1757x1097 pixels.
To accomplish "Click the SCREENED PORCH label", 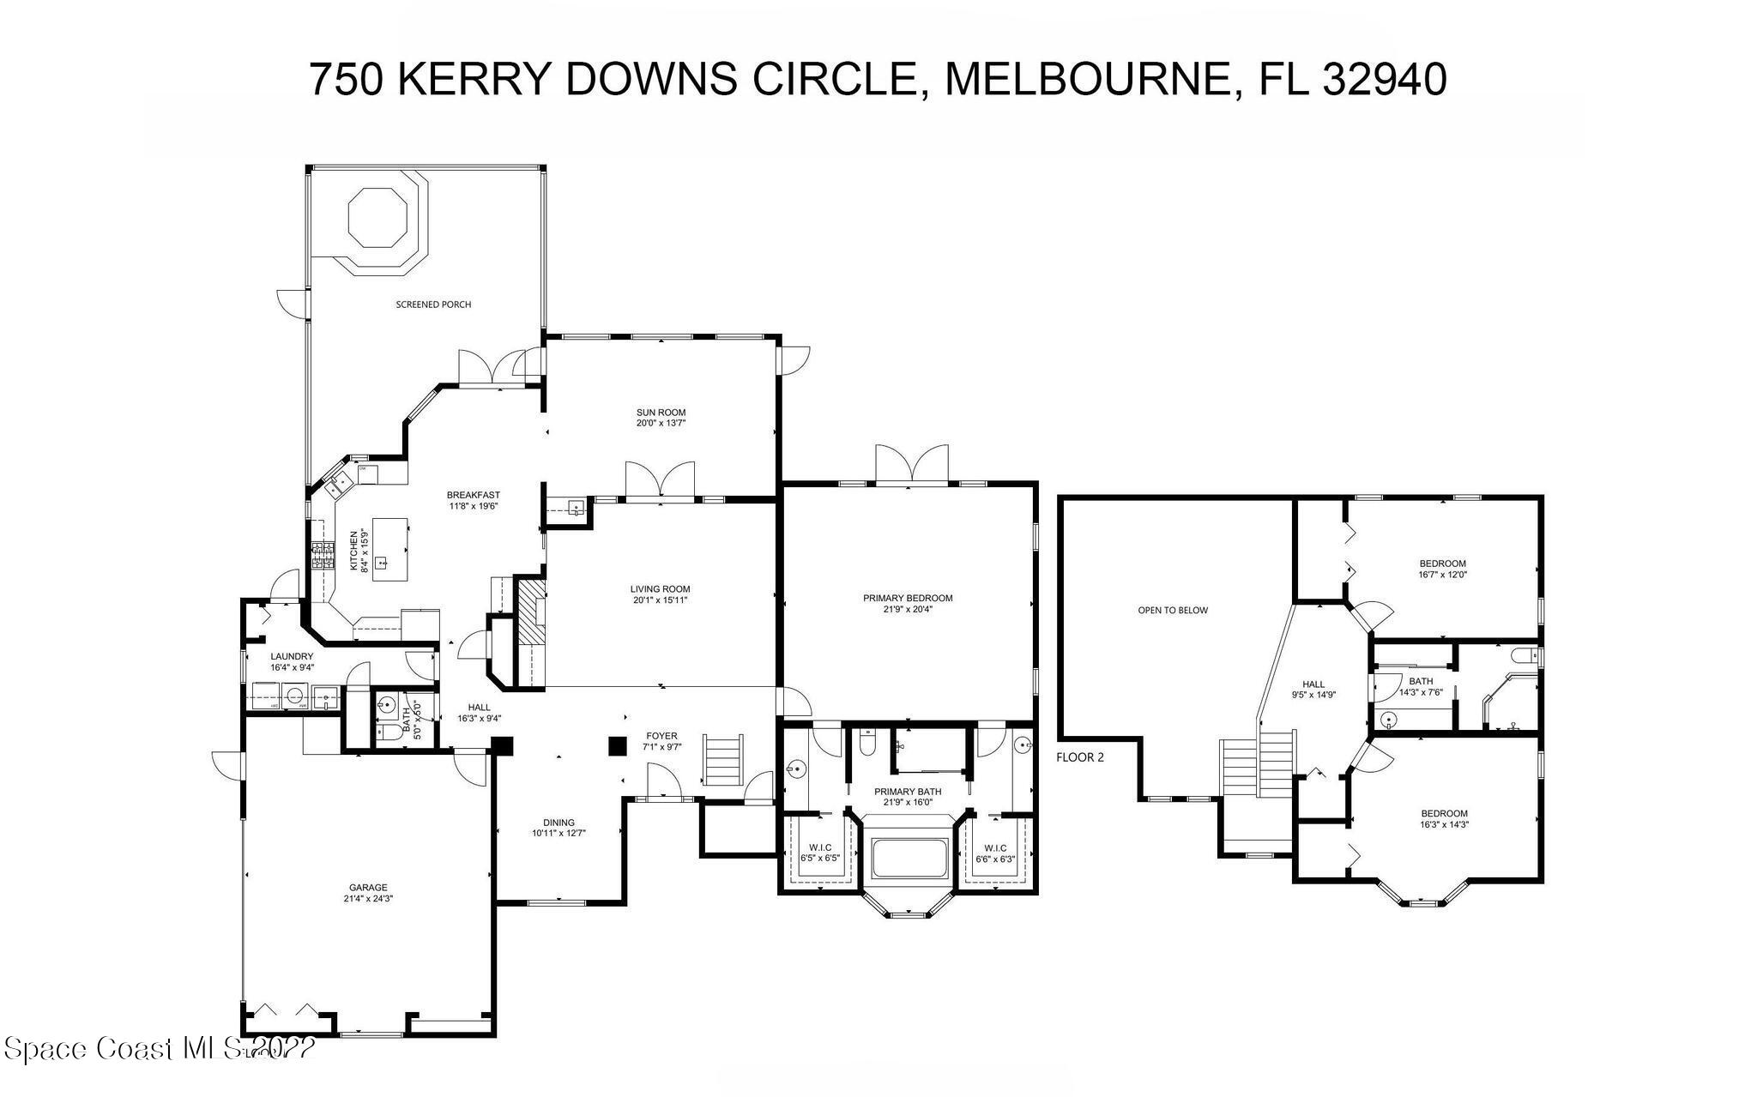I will (433, 304).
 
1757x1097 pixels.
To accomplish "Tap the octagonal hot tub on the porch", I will (377, 218).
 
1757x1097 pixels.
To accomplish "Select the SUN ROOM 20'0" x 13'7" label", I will (661, 418).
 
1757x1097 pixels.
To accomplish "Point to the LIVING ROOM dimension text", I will (660, 600).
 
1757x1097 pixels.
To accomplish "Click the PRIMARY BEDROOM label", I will (908, 604).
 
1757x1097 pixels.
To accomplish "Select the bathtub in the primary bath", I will (909, 859).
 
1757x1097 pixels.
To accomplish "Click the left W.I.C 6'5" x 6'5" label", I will (819, 853).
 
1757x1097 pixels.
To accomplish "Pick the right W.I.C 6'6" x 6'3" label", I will (995, 853).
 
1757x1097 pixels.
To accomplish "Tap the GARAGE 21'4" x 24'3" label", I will (368, 893).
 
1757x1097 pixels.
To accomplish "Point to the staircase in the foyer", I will (724, 759).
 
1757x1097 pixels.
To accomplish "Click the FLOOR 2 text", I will (1080, 757).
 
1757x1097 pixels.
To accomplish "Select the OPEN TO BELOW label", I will (1173, 611).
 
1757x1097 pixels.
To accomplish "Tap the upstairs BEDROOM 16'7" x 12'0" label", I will (1442, 569).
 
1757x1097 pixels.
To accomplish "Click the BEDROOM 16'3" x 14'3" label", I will (1444, 818).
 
